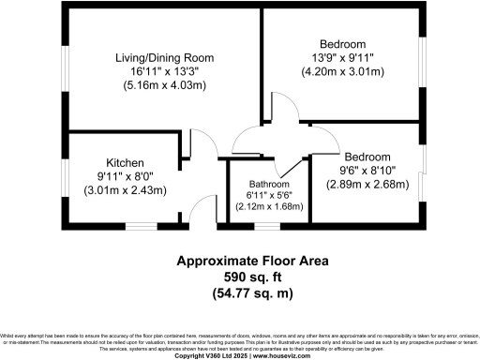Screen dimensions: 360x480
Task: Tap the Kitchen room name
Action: tap(124, 162)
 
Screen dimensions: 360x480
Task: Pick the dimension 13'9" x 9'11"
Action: tap(342, 58)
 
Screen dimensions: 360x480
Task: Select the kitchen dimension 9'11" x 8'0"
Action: tap(124, 176)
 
